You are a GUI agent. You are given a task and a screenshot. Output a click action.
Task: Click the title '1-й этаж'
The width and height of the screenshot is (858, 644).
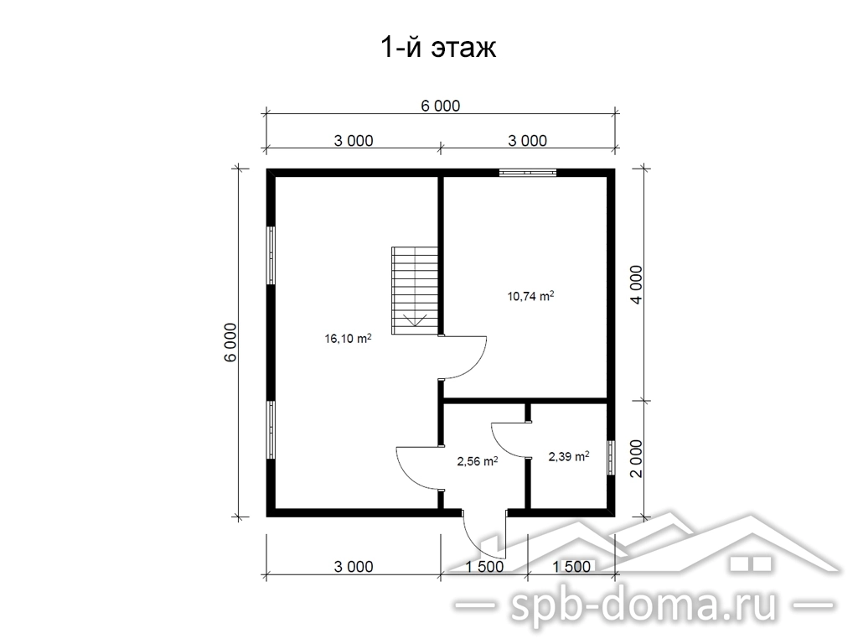[x=438, y=48]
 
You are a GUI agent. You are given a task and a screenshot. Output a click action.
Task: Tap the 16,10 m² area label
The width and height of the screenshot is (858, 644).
[x=348, y=339]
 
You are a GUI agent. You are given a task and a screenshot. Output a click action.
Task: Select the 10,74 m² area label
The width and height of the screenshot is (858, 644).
[x=530, y=296]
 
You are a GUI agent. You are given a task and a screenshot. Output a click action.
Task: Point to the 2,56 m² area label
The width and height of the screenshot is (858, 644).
[x=477, y=461]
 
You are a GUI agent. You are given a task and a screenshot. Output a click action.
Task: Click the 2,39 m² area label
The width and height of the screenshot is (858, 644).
[x=569, y=455]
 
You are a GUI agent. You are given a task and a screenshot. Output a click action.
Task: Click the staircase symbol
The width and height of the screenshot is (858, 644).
[x=415, y=290]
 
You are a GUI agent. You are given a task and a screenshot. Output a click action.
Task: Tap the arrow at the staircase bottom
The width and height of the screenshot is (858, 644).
[x=415, y=320]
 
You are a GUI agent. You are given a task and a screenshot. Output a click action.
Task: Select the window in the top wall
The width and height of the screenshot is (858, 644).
[x=528, y=173]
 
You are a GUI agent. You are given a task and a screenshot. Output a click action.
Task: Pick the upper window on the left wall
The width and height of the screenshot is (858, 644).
[x=271, y=255]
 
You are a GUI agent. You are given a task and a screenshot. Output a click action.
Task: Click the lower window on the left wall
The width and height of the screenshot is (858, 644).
[x=271, y=430]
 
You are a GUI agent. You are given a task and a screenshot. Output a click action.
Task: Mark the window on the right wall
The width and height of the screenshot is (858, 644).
[x=611, y=457]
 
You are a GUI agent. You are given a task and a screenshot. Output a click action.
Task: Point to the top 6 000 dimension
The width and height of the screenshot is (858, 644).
[x=441, y=106]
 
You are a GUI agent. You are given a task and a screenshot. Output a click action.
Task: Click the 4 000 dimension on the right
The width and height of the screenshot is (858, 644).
[x=636, y=285]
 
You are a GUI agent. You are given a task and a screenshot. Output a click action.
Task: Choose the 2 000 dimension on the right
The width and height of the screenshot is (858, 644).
[x=636, y=459]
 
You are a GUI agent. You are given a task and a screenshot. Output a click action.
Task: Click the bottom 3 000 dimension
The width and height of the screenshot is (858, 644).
[x=354, y=566]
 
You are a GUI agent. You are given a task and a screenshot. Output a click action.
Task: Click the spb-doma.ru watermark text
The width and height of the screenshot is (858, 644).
[x=643, y=605]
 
